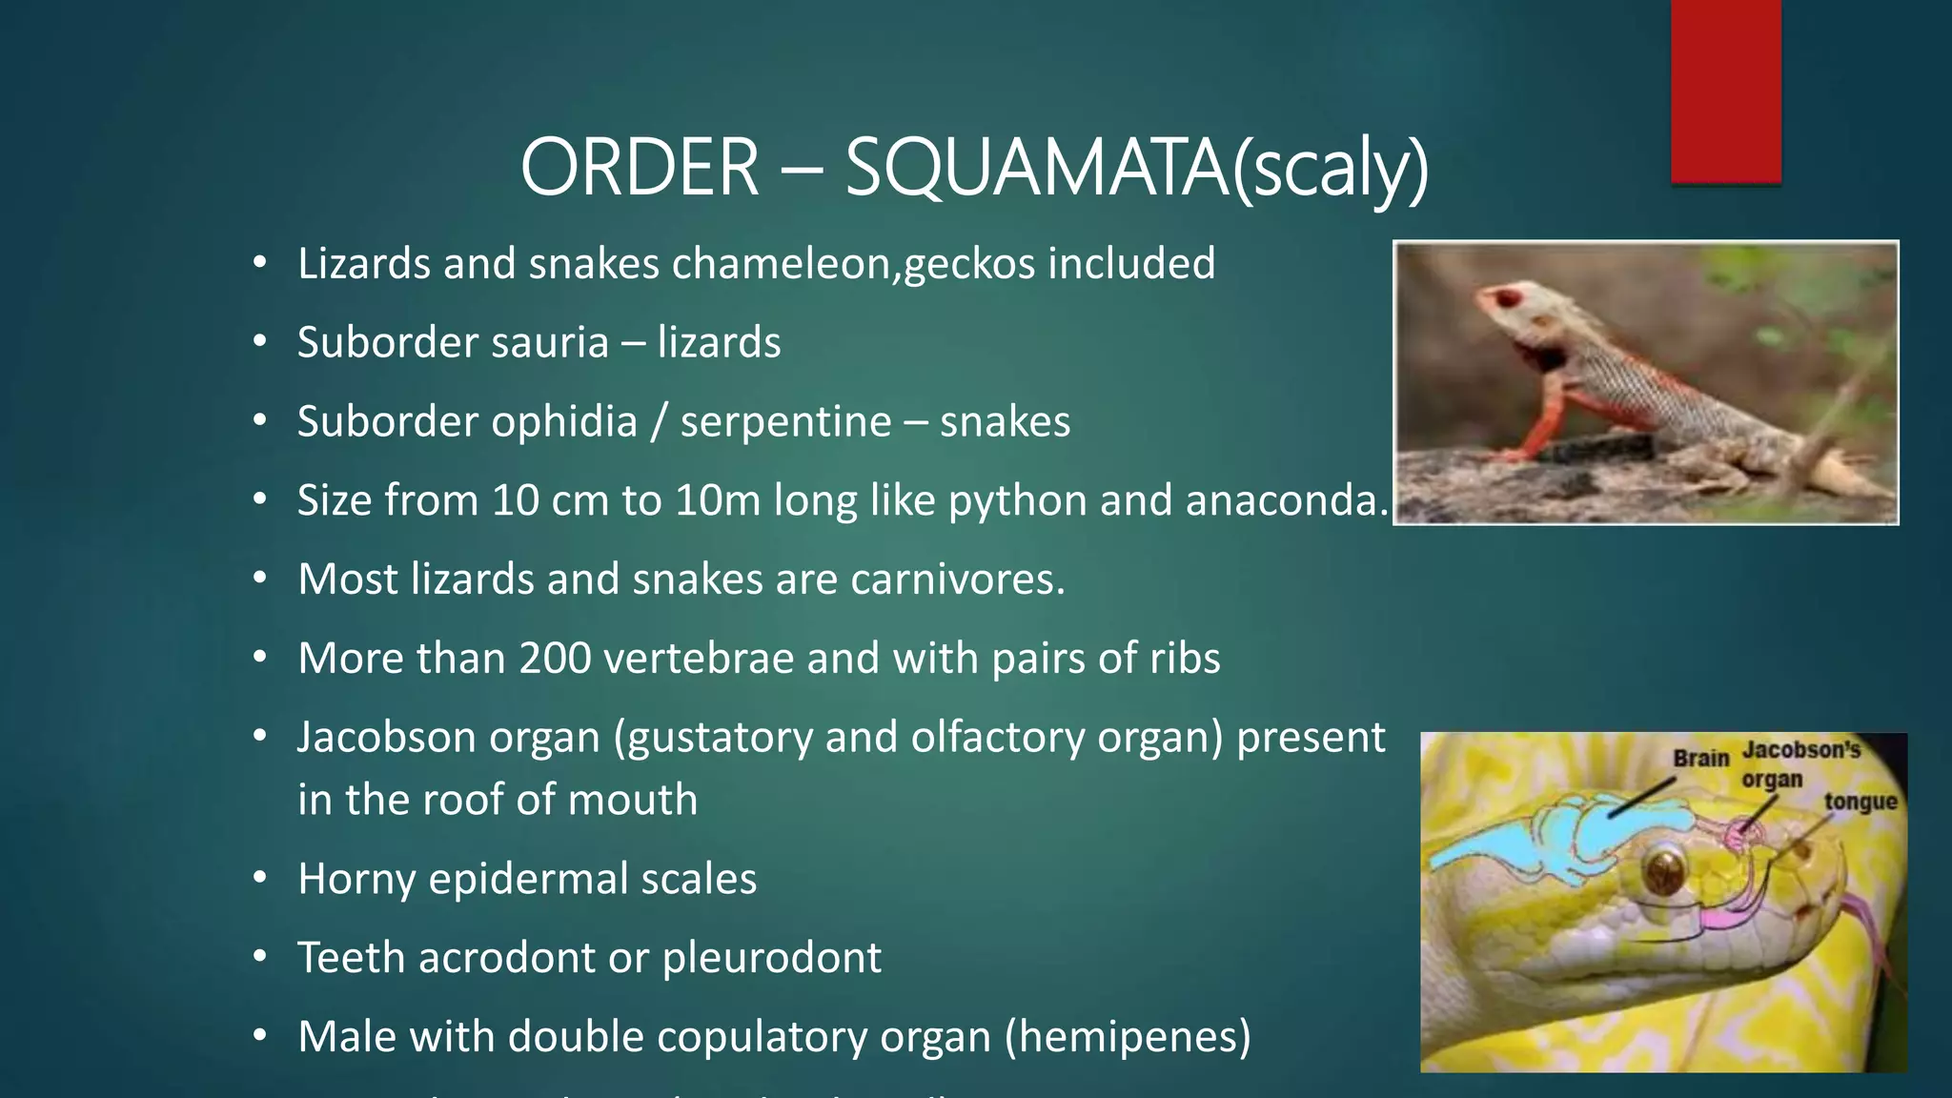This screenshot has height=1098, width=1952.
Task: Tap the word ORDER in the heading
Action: click(640, 168)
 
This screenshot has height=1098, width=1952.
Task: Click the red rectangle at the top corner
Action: click(1725, 91)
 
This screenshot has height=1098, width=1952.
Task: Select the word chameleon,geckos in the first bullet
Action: click(853, 264)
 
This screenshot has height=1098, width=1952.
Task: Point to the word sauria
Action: click(548, 342)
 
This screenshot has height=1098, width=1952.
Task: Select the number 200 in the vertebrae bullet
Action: click(555, 659)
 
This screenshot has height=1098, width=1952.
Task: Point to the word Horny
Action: click(356, 880)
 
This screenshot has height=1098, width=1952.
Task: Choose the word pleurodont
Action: click(772, 958)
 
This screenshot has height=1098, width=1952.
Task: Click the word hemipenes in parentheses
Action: click(1128, 1037)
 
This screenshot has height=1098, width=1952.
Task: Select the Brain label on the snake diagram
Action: click(1700, 759)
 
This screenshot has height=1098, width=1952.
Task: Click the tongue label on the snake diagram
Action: click(1860, 802)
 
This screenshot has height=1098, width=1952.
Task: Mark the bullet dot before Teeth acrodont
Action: click(260, 957)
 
